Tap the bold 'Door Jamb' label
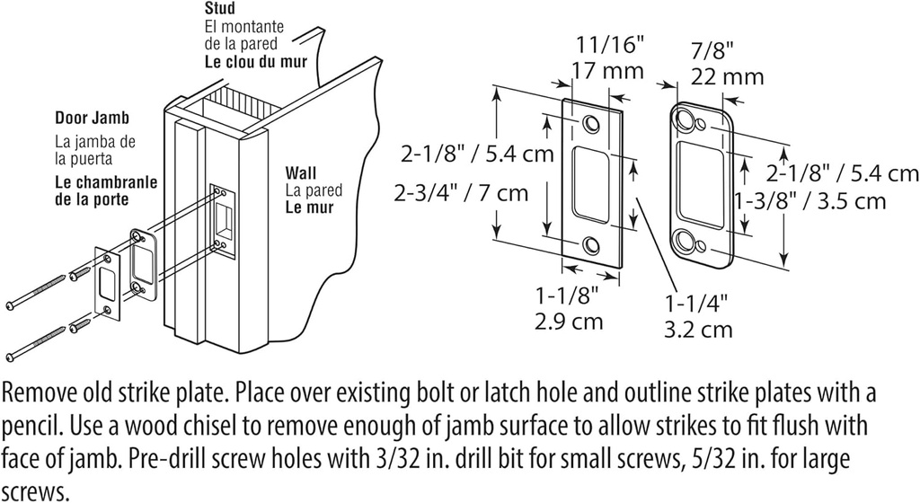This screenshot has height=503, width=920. click(92, 118)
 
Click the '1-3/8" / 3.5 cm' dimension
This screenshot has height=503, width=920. click(809, 201)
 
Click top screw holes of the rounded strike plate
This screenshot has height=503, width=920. click(694, 120)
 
